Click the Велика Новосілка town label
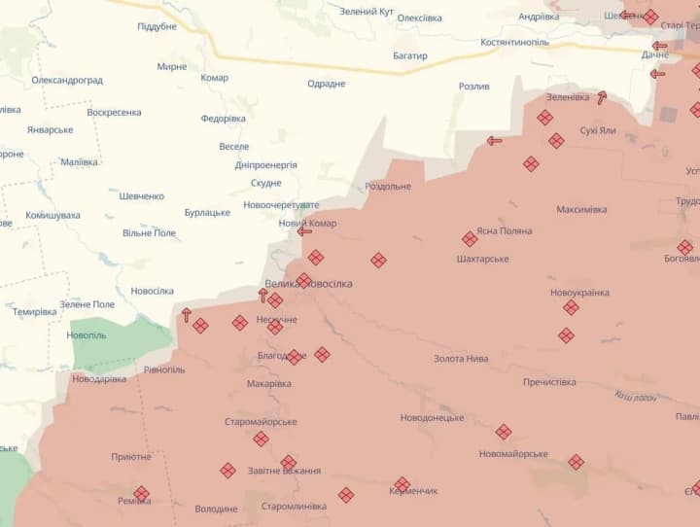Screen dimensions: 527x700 click(308, 284)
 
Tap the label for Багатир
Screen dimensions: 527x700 click(410, 56)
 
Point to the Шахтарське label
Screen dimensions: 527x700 click(482, 260)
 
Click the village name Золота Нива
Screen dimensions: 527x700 click(461, 359)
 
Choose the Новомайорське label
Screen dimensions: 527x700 click(513, 454)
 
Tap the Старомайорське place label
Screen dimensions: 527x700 click(261, 422)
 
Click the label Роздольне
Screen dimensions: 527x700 click(388, 187)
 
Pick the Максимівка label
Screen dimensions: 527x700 click(581, 210)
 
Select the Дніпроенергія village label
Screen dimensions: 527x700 click(265, 165)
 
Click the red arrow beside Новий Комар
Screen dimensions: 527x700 click(304, 231)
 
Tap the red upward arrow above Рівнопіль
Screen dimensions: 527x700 click(186, 315)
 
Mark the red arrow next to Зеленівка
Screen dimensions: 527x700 click(602, 97)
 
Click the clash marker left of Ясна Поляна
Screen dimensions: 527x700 click(470, 239)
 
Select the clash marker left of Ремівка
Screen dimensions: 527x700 click(141, 494)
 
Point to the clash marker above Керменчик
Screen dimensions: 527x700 click(402, 484)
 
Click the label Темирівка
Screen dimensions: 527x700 click(35, 312)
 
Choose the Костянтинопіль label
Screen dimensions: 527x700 click(514, 43)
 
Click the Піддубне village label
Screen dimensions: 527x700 click(157, 27)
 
